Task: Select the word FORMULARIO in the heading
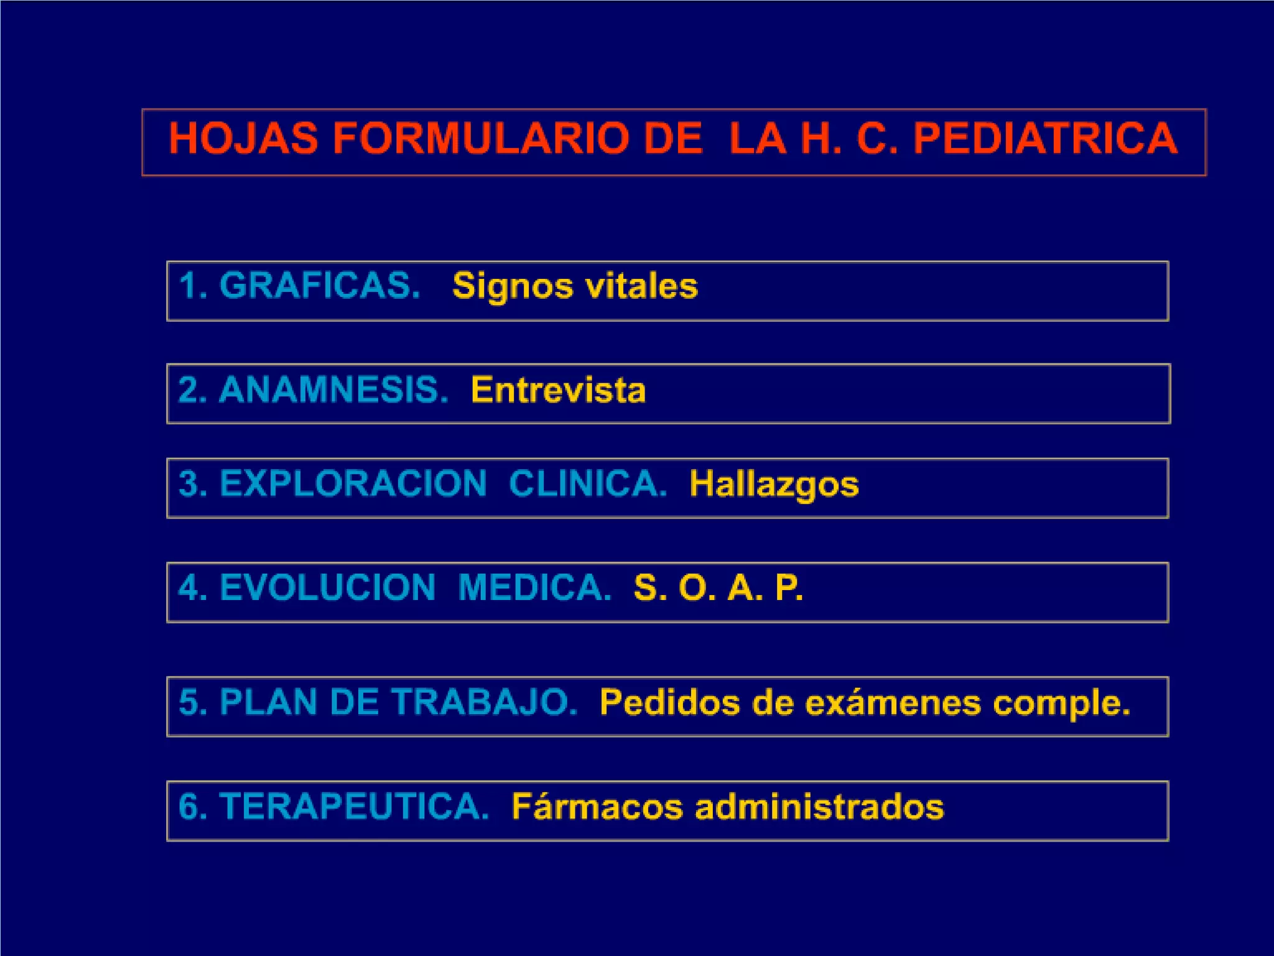tap(479, 138)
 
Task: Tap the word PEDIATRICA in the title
tap(1045, 138)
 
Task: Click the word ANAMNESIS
tap(333, 390)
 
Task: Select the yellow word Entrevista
tap(558, 390)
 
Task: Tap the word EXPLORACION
tap(353, 484)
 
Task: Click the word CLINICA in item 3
tap(587, 484)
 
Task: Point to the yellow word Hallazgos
tap(774, 485)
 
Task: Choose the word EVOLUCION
tap(327, 588)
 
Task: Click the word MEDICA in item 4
tap(534, 588)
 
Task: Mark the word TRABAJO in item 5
tap(485, 702)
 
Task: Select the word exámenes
tap(893, 703)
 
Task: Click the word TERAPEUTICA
tap(354, 807)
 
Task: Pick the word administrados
tap(819, 807)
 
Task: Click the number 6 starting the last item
tap(188, 807)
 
